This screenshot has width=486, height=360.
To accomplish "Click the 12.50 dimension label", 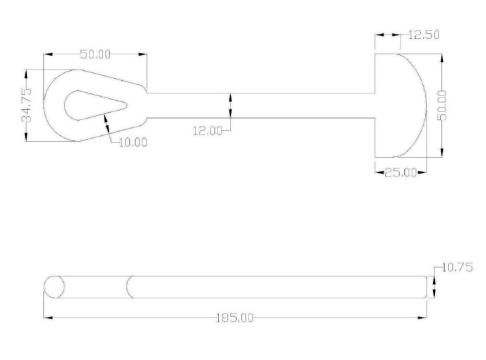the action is (424, 34).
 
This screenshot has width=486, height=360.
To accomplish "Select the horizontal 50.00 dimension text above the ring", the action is (95, 54).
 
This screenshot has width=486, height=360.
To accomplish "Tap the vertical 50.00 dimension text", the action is (442, 105).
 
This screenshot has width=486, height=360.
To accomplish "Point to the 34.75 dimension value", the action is (27, 105).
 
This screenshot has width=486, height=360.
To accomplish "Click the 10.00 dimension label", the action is (133, 143).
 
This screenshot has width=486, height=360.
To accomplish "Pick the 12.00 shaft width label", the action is (208, 131).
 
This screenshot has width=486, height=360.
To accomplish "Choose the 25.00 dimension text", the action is (400, 172).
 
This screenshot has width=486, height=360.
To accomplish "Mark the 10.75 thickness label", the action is (457, 267).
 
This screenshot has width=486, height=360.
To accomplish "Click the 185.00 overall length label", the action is (235, 318).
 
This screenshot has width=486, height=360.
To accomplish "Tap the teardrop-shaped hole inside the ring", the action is (95, 105).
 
